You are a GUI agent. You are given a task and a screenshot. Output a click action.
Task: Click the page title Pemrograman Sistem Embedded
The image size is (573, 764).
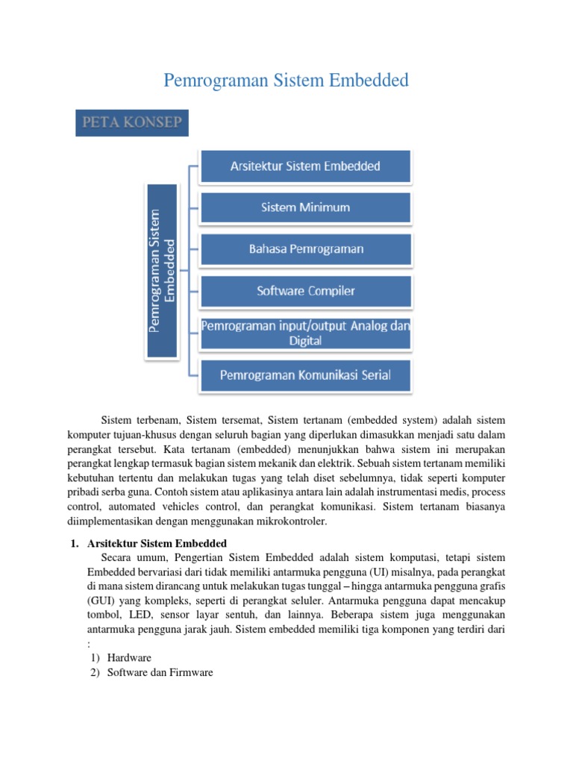[x=286, y=80]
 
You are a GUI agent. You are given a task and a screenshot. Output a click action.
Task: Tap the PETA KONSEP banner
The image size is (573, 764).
[x=132, y=123]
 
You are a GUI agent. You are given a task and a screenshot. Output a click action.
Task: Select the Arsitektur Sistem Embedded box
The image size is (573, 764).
[x=304, y=166]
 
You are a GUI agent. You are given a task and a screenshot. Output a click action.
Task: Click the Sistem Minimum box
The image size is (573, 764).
[x=304, y=207]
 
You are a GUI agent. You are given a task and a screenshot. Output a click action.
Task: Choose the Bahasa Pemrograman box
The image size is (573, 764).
[x=304, y=249]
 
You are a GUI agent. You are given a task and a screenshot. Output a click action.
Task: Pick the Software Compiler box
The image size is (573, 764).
[x=304, y=291]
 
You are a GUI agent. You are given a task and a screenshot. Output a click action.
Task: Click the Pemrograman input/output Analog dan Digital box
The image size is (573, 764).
[x=304, y=333]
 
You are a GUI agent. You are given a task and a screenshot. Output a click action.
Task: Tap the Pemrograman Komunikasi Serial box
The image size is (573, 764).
[x=304, y=375]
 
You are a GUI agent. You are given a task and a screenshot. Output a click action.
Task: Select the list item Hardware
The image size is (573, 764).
[x=129, y=657]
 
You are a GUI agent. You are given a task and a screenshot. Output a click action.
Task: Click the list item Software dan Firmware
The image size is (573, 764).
[x=160, y=672]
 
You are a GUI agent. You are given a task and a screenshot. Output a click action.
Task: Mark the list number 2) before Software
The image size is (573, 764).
[x=94, y=672]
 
